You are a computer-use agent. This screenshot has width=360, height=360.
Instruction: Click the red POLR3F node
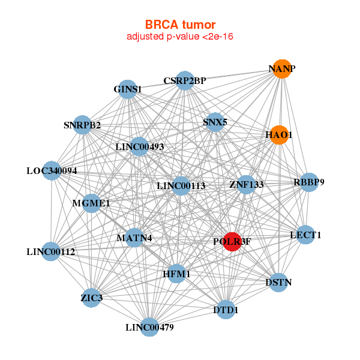pyautogui.click(x=232, y=241)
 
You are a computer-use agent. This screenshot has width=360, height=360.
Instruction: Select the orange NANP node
pyautogui.click(x=281, y=69)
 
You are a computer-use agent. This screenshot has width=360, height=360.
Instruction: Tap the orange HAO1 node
pyautogui.click(x=278, y=135)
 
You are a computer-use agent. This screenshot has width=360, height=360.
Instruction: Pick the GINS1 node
pyautogui.click(x=127, y=89)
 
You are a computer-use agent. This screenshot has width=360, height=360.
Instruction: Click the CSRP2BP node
pyautogui.click(x=185, y=80)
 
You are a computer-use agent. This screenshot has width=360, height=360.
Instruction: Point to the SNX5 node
pyautogui.click(x=214, y=122)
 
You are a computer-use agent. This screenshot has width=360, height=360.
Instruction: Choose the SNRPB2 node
pyautogui.click(x=82, y=125)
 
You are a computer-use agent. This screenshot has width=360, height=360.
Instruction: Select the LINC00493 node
pyautogui.click(x=139, y=146)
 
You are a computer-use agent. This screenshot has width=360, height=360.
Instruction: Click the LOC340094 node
pyautogui.click(x=52, y=170)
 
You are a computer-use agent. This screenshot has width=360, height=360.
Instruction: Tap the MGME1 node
pyautogui.click(x=91, y=203)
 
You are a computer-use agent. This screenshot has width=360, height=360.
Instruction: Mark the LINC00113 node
pyautogui.click(x=181, y=185)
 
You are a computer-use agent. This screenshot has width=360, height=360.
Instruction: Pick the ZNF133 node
pyautogui.click(x=246, y=184)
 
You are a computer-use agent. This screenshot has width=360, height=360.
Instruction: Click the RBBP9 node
pyautogui.click(x=308, y=182)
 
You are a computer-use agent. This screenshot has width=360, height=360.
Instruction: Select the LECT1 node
pyautogui.click(x=305, y=235)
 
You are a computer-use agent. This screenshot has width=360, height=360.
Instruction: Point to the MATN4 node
pyautogui.click(x=134, y=238)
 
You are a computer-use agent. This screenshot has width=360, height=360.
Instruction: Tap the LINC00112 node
pyautogui.click(x=51, y=251)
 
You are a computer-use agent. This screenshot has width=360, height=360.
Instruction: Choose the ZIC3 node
pyautogui.click(x=91, y=298)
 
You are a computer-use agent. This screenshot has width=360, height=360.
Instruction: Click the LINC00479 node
pyautogui.click(x=150, y=327)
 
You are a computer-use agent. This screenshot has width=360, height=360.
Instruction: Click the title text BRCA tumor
pyautogui.click(x=179, y=25)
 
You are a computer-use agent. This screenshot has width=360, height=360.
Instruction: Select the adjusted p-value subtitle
pyautogui.click(x=179, y=37)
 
